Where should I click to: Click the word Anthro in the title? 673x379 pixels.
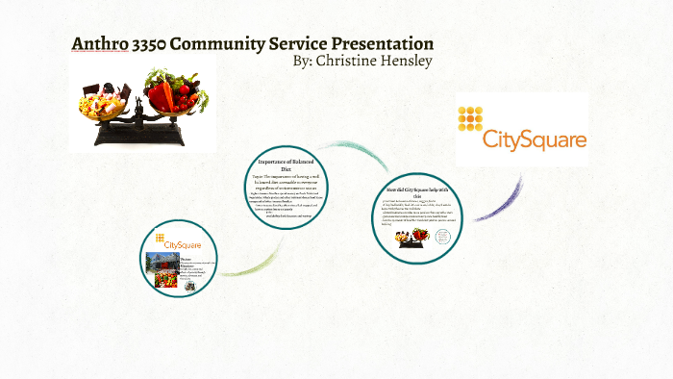click(x=100, y=44)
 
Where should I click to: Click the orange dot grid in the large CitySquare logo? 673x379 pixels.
click(x=470, y=118)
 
